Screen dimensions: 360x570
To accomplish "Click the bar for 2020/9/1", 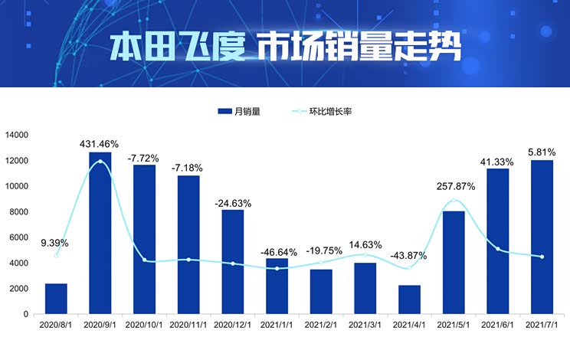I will (100, 233).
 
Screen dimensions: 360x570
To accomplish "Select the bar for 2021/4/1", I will (409, 299).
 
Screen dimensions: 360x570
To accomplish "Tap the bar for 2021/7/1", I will (542, 237).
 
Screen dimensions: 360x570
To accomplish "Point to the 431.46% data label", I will (100, 144).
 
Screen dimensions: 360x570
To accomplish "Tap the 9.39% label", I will (56, 243).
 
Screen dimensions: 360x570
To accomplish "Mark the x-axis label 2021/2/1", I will (321, 326).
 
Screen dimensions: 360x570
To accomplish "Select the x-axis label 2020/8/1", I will (56, 326).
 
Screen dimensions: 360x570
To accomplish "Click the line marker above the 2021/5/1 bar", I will (454, 201).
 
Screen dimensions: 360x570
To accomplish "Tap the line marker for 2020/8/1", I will (56, 256).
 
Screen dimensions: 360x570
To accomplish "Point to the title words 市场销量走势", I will (359, 47).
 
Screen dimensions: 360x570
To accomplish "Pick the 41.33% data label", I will (498, 161).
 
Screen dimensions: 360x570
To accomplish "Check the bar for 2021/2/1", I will (321, 292).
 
